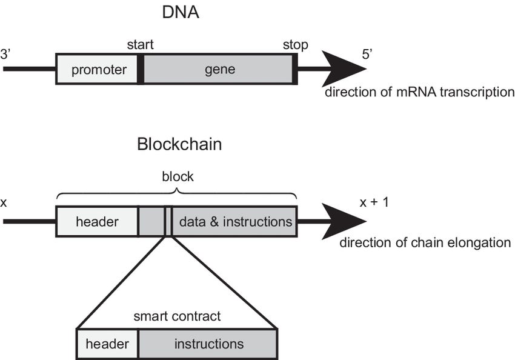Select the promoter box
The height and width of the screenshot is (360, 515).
[x=99, y=69]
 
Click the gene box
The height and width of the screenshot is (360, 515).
[x=219, y=69]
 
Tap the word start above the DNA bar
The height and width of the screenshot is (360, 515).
[x=140, y=45]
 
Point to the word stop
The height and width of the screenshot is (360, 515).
[x=295, y=45]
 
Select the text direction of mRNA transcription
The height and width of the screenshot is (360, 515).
[x=419, y=93]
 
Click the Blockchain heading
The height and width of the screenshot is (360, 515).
[x=179, y=145]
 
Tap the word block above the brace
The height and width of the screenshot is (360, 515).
[x=178, y=176]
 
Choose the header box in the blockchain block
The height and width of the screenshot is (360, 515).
[x=98, y=221]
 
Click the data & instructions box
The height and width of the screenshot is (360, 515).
[x=235, y=221]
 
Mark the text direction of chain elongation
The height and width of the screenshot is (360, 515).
[x=425, y=243]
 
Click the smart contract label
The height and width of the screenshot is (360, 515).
[x=177, y=316]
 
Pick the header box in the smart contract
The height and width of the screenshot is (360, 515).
[x=107, y=344]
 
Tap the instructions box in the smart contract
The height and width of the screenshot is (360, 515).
[x=208, y=344]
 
